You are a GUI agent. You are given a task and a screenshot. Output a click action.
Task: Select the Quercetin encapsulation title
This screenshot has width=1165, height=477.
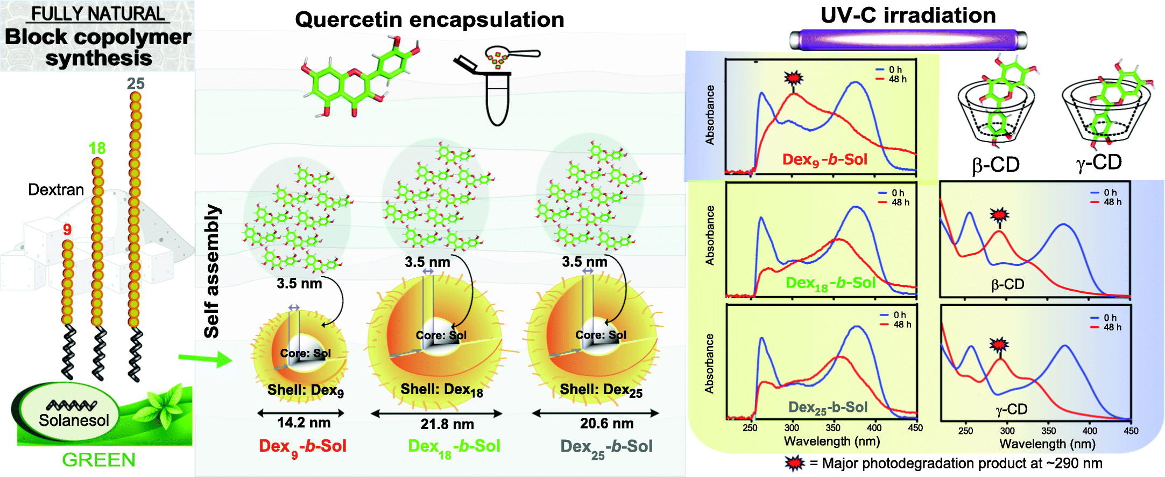429,20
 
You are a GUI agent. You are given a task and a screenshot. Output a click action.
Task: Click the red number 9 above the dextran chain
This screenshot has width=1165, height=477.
67,230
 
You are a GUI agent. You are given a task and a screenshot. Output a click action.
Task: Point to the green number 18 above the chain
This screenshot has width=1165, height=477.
97,148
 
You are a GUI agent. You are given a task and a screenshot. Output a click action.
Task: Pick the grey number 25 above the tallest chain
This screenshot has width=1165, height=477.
136,83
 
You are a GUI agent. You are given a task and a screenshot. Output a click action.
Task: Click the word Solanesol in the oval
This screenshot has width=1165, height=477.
74,420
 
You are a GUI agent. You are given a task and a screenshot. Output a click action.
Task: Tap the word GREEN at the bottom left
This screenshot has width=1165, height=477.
98,460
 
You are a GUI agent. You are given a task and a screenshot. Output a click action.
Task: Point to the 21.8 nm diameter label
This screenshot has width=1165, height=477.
447,424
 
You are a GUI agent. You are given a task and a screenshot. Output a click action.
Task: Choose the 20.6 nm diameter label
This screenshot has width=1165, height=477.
606,424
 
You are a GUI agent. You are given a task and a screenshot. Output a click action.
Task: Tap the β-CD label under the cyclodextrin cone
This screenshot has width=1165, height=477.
995,165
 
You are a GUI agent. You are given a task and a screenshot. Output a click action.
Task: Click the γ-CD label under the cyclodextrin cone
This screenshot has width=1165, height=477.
1099,162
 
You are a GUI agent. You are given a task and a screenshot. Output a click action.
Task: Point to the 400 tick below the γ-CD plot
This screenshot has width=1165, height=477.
1090,431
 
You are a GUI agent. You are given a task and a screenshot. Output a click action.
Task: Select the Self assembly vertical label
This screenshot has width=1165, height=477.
213,271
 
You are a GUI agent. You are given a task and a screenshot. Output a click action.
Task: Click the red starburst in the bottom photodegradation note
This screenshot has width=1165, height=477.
795,463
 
